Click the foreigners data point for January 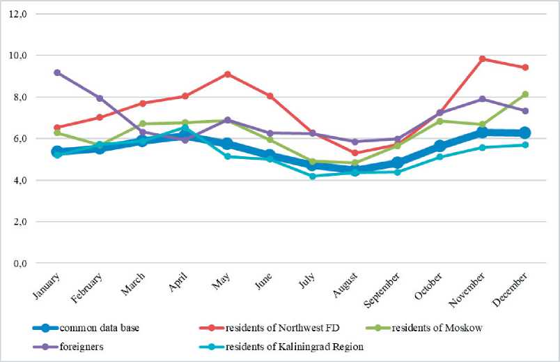click(x=57, y=73)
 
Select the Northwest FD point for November click(x=482, y=59)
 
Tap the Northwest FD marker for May click(x=227, y=74)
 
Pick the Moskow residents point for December click(x=524, y=94)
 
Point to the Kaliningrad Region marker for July click(x=312, y=176)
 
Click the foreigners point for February click(x=100, y=98)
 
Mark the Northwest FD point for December click(x=524, y=68)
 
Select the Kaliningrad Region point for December click(x=524, y=144)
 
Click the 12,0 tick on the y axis click(x=16, y=13)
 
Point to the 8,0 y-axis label click(x=16, y=97)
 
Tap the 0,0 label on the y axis click(x=16, y=264)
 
